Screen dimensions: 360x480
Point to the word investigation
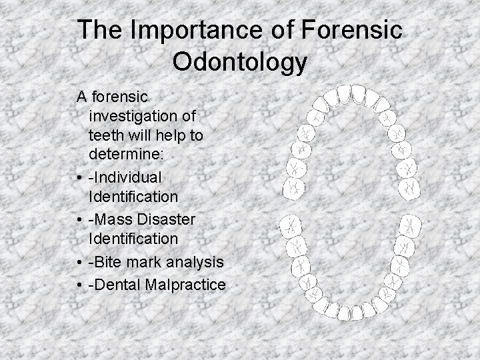142,117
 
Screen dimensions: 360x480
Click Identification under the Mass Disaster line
133,239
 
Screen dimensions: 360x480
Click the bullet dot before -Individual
81,177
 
